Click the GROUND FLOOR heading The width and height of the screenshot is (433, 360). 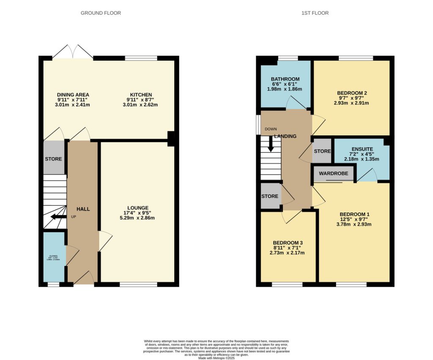pyautogui.click(x=101, y=13)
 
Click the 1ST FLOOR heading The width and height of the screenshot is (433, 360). pyautogui.click(x=315, y=13)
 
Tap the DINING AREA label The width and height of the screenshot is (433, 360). pyautogui.click(x=73, y=94)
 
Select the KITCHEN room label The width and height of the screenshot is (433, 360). pyautogui.click(x=141, y=94)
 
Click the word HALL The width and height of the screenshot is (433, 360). pyautogui.click(x=83, y=209)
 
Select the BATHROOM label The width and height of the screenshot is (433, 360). pyautogui.click(x=285, y=79)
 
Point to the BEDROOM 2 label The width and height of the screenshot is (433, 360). pyautogui.click(x=352, y=93)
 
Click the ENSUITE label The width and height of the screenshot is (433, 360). pyautogui.click(x=362, y=149)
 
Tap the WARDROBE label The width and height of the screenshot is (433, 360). pyautogui.click(x=333, y=173)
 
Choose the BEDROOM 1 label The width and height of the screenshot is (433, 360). pyautogui.click(x=354, y=214)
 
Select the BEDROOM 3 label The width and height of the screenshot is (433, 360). pyautogui.click(x=288, y=242)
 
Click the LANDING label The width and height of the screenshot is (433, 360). pyautogui.click(x=285, y=136)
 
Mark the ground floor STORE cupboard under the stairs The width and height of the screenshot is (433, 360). pyautogui.click(x=54, y=159)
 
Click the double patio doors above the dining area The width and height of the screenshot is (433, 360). pyautogui.click(x=73, y=52)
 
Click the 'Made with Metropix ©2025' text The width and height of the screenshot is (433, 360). pyautogui.click(x=216, y=358)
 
